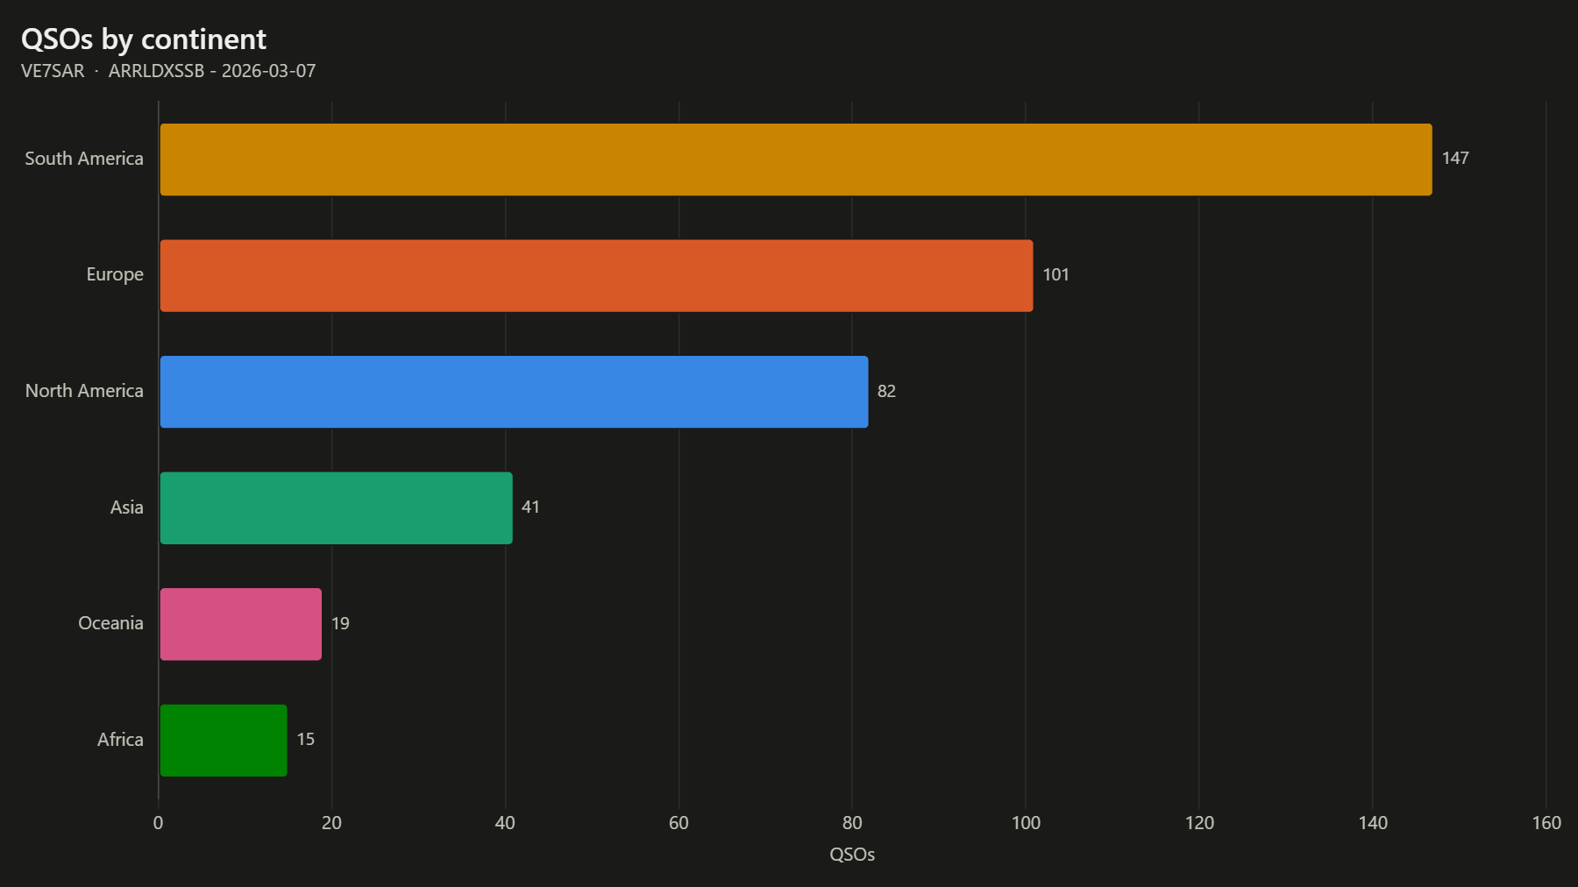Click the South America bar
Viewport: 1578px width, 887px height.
(796, 160)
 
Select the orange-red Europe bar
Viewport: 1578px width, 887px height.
(596, 275)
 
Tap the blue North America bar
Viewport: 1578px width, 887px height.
(514, 392)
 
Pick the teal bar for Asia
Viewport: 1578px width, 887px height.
(337, 508)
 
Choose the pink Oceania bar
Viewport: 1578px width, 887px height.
(241, 624)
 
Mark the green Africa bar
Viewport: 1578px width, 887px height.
(224, 741)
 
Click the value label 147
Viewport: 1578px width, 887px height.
(1455, 159)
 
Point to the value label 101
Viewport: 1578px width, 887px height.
(1056, 275)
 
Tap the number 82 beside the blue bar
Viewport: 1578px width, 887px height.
(886, 391)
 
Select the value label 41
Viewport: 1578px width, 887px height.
(530, 507)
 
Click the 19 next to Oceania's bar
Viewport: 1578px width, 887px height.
(340, 623)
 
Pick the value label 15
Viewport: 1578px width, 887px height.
(305, 740)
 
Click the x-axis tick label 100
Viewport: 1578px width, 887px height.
(1026, 823)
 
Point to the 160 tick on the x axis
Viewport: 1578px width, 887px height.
(1546, 823)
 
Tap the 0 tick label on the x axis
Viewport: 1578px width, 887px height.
(158, 823)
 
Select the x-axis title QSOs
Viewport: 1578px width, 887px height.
(852, 855)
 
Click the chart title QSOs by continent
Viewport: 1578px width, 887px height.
(144, 39)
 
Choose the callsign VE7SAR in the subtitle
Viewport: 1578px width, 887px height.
(53, 71)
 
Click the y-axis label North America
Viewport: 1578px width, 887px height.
(84, 391)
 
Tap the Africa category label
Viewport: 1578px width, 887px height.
(120, 740)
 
